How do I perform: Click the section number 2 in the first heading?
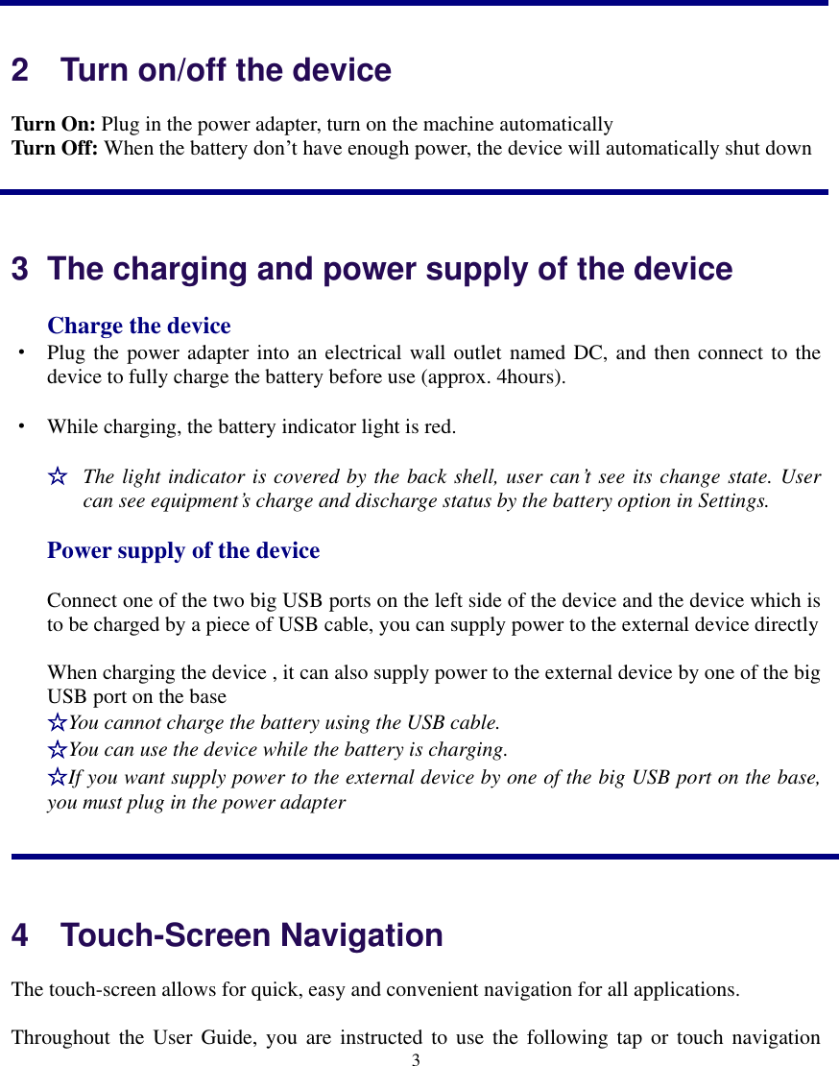tap(19, 71)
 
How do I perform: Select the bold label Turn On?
tap(53, 125)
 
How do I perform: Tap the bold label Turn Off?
tap(55, 149)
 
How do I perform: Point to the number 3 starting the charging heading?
tap(19, 270)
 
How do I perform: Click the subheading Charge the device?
tap(139, 327)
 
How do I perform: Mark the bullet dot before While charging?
tap(19, 424)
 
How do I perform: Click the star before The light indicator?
tap(58, 476)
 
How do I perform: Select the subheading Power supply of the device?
tap(183, 551)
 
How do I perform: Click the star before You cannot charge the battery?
tap(58, 722)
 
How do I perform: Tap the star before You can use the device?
tap(58, 749)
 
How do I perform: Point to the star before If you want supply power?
tap(58, 776)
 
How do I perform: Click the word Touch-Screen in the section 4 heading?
tap(161, 935)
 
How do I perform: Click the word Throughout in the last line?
tap(57, 1038)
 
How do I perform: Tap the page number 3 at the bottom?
tap(416, 1059)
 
